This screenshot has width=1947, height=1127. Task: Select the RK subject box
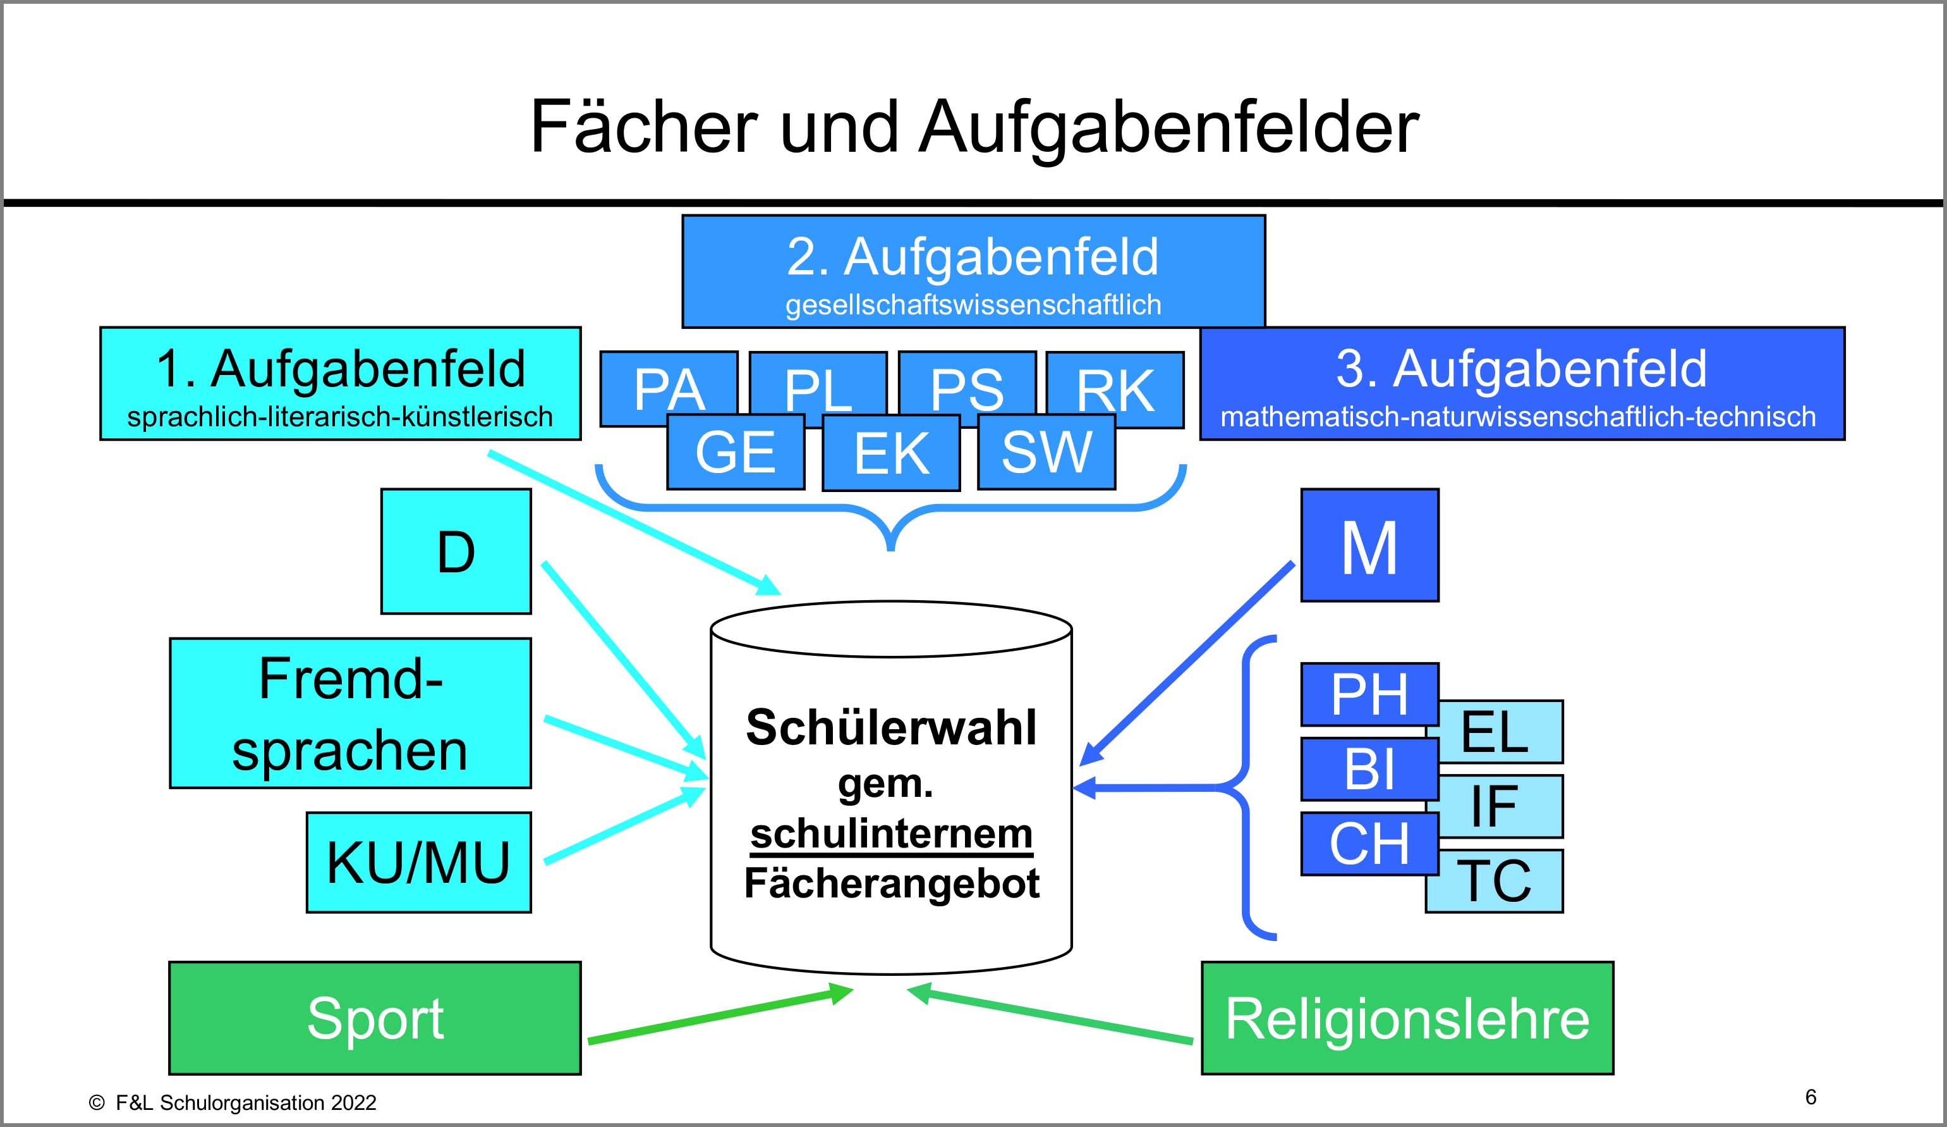coord(1115,388)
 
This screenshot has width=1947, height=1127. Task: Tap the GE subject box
coord(735,452)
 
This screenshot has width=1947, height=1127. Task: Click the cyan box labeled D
coord(456,551)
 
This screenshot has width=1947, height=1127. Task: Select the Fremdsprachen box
coord(350,713)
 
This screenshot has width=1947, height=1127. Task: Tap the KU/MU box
coord(418,862)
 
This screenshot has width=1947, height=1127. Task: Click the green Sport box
coord(375,1018)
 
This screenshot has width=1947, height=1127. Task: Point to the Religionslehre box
coord(1407,1018)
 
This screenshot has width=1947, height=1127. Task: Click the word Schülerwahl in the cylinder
coord(891,727)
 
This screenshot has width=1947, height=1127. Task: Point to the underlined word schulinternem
coord(891,834)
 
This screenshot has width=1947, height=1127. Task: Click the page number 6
coord(1811,1097)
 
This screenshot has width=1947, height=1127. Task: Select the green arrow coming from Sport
coord(719,1015)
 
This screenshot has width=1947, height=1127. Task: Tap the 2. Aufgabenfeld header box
coord(973,271)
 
